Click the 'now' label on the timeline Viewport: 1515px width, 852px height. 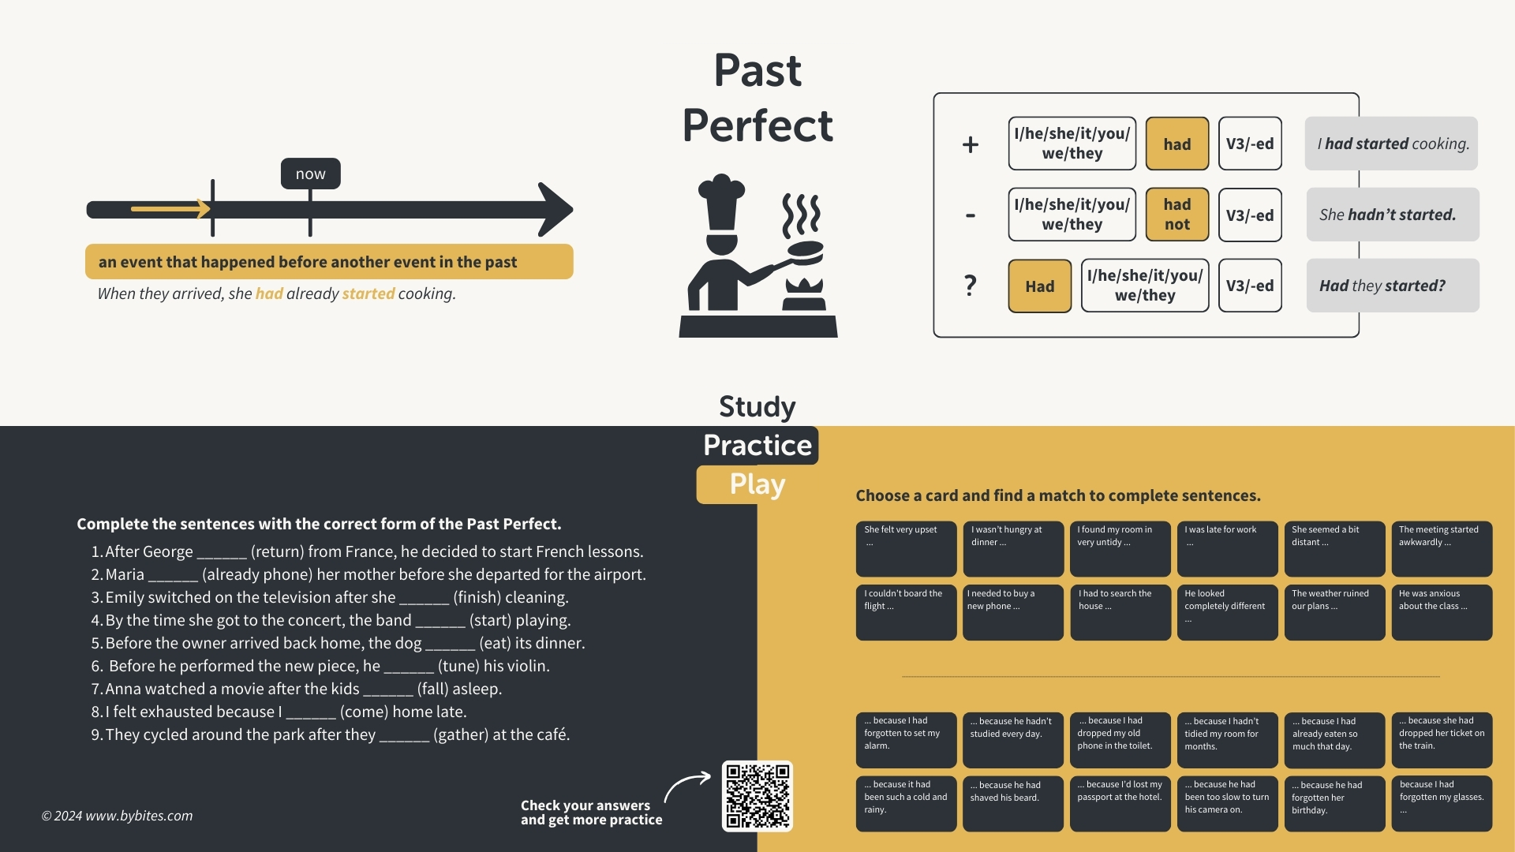[310, 174]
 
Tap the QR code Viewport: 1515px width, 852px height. [757, 795]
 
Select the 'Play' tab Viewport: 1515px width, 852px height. [757, 484]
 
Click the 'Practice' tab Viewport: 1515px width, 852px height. [757, 445]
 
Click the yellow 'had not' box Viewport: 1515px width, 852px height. [1176, 215]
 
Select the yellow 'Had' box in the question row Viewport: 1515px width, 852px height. [1039, 286]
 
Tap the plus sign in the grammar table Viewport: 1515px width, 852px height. [971, 144]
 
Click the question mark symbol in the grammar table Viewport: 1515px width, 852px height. [971, 285]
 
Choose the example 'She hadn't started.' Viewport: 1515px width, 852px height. [1392, 215]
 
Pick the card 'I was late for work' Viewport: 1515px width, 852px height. [1227, 548]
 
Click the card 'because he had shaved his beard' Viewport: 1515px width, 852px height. [1012, 803]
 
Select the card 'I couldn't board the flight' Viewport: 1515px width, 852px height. [906, 612]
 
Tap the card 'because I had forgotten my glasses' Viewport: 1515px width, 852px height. [1441, 803]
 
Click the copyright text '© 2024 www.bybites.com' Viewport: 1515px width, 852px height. [117, 816]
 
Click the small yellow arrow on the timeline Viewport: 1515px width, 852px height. [170, 209]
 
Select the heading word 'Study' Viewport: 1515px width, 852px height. [757, 406]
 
